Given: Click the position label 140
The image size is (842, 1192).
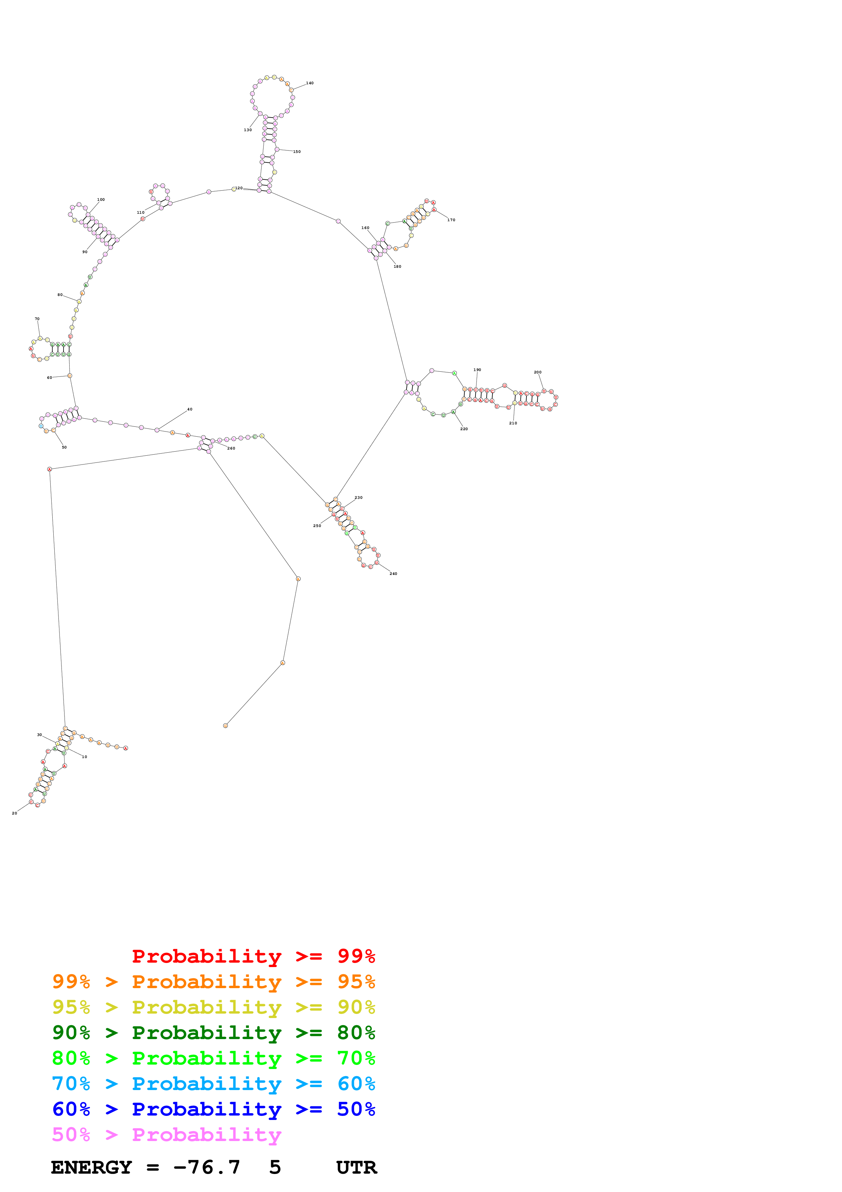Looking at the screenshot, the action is point(310,83).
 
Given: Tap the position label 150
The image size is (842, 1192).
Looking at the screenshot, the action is point(297,152).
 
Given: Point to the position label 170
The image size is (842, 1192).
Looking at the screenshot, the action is point(451,220).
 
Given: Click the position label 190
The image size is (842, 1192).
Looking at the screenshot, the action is point(477,370).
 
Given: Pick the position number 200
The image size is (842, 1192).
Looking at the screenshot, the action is point(537,372).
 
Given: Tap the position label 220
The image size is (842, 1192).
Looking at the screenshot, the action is point(464,429).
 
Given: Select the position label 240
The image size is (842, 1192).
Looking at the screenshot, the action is point(393,574).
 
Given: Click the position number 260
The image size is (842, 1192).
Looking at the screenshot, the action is point(231,448).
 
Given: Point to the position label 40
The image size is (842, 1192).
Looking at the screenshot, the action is point(190,409).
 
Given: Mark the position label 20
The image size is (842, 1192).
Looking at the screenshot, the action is point(15,813).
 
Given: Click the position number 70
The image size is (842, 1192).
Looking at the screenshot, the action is point(37,319).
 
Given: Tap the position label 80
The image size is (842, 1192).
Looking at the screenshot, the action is point(60,295).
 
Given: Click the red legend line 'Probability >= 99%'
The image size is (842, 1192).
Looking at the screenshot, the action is point(253,956).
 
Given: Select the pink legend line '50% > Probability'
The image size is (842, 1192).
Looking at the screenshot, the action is point(166,1135).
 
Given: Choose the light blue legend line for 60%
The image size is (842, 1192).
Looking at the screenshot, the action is point(213,1084).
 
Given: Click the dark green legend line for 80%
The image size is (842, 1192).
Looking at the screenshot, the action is point(213,1033).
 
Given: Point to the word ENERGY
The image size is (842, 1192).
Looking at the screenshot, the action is point(91,1168).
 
